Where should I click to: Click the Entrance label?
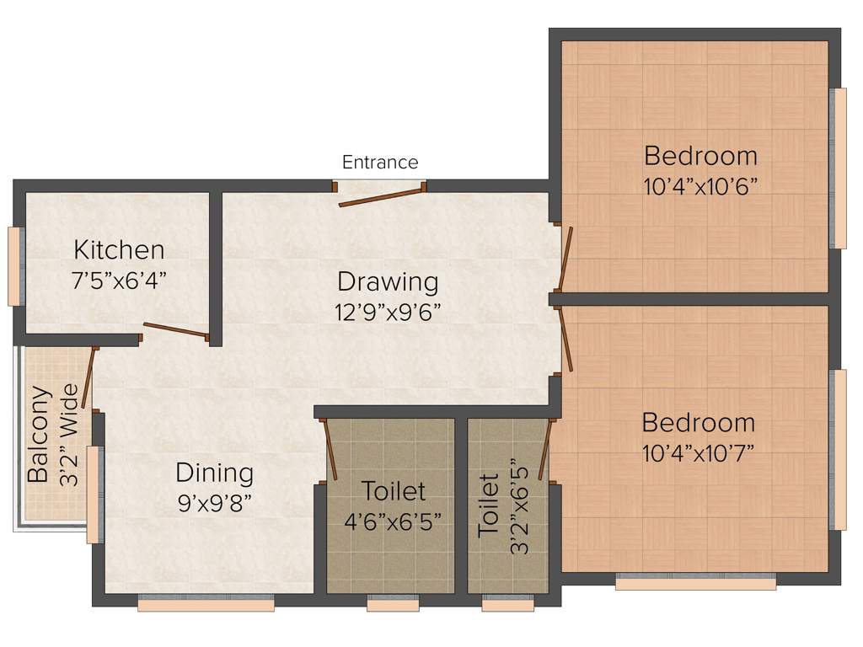pyautogui.click(x=379, y=162)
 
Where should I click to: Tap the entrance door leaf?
pyautogui.click(x=379, y=197)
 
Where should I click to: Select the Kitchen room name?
pyautogui.click(x=119, y=249)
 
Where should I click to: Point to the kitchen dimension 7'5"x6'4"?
pyautogui.click(x=119, y=279)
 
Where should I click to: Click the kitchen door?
pyautogui.click(x=175, y=330)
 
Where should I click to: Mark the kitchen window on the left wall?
pyautogui.click(x=13, y=266)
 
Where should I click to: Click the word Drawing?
pyautogui.click(x=388, y=281)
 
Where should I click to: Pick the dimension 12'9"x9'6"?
pyautogui.click(x=388, y=311)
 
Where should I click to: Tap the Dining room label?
pyautogui.click(x=214, y=473)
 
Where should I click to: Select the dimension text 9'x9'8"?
pyautogui.click(x=214, y=502)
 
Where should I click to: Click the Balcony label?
pyautogui.click(x=37, y=435)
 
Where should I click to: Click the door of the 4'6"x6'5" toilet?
pyautogui.click(x=331, y=450)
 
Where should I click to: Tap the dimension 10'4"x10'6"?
pyautogui.click(x=700, y=185)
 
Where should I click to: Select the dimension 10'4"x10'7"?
pyautogui.click(x=698, y=452)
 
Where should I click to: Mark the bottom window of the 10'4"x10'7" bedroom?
pyautogui.click(x=695, y=582)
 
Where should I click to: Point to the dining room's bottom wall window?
pyautogui.click(x=206, y=604)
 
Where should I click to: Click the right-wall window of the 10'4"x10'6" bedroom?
pyautogui.click(x=839, y=168)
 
